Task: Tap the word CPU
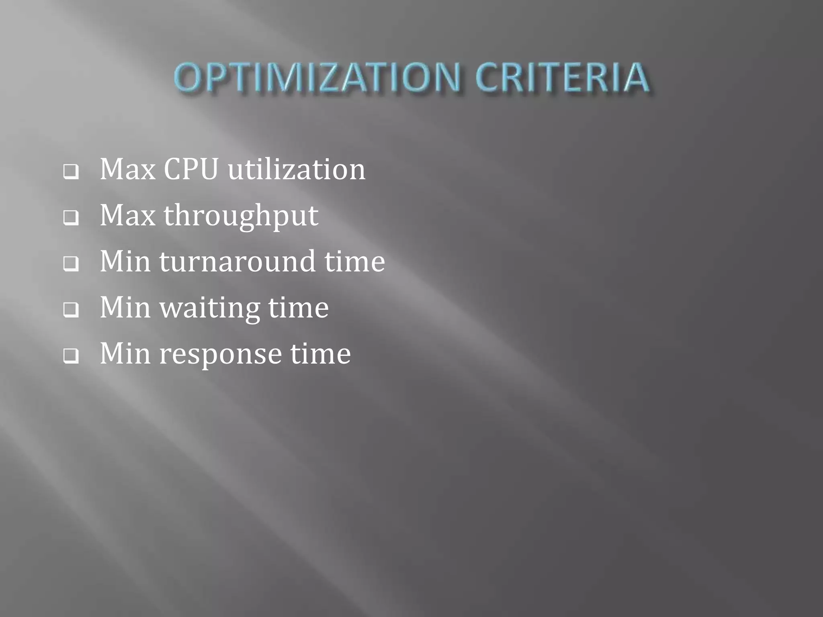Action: pyautogui.click(x=191, y=169)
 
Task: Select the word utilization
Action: pyautogui.click(x=297, y=169)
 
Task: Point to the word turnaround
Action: pyautogui.click(x=237, y=262)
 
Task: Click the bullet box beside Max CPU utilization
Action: pyautogui.click(x=71, y=172)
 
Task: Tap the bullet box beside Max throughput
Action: pyautogui.click(x=71, y=218)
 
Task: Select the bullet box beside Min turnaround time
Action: pyautogui.click(x=71, y=264)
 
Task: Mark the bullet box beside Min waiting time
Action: pyautogui.click(x=71, y=310)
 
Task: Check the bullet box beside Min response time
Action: pyautogui.click(x=71, y=356)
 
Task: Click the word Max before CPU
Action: pyautogui.click(x=127, y=169)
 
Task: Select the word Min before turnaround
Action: pyautogui.click(x=125, y=262)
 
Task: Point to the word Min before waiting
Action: pyautogui.click(x=125, y=308)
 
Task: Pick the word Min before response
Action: pyautogui.click(x=125, y=353)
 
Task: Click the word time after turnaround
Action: pyautogui.click(x=355, y=262)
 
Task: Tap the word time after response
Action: pyautogui.click(x=321, y=353)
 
